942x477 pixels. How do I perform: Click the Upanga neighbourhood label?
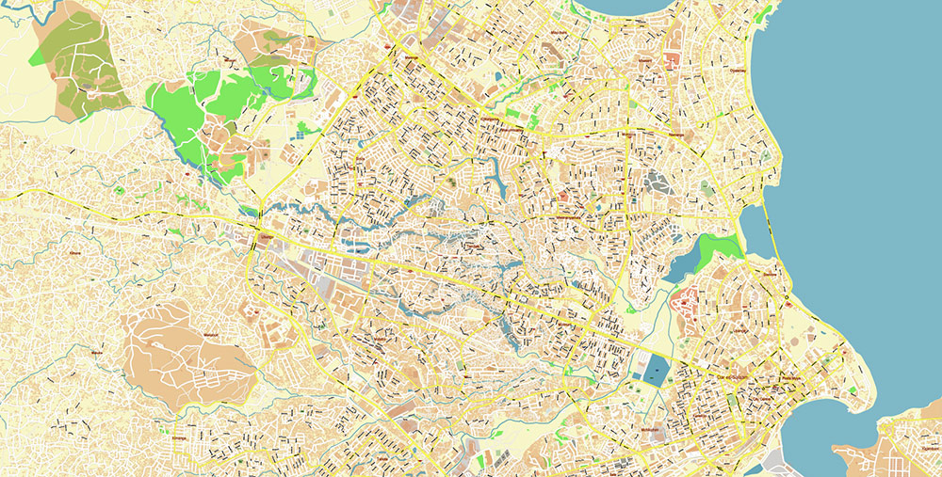click(740, 331)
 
